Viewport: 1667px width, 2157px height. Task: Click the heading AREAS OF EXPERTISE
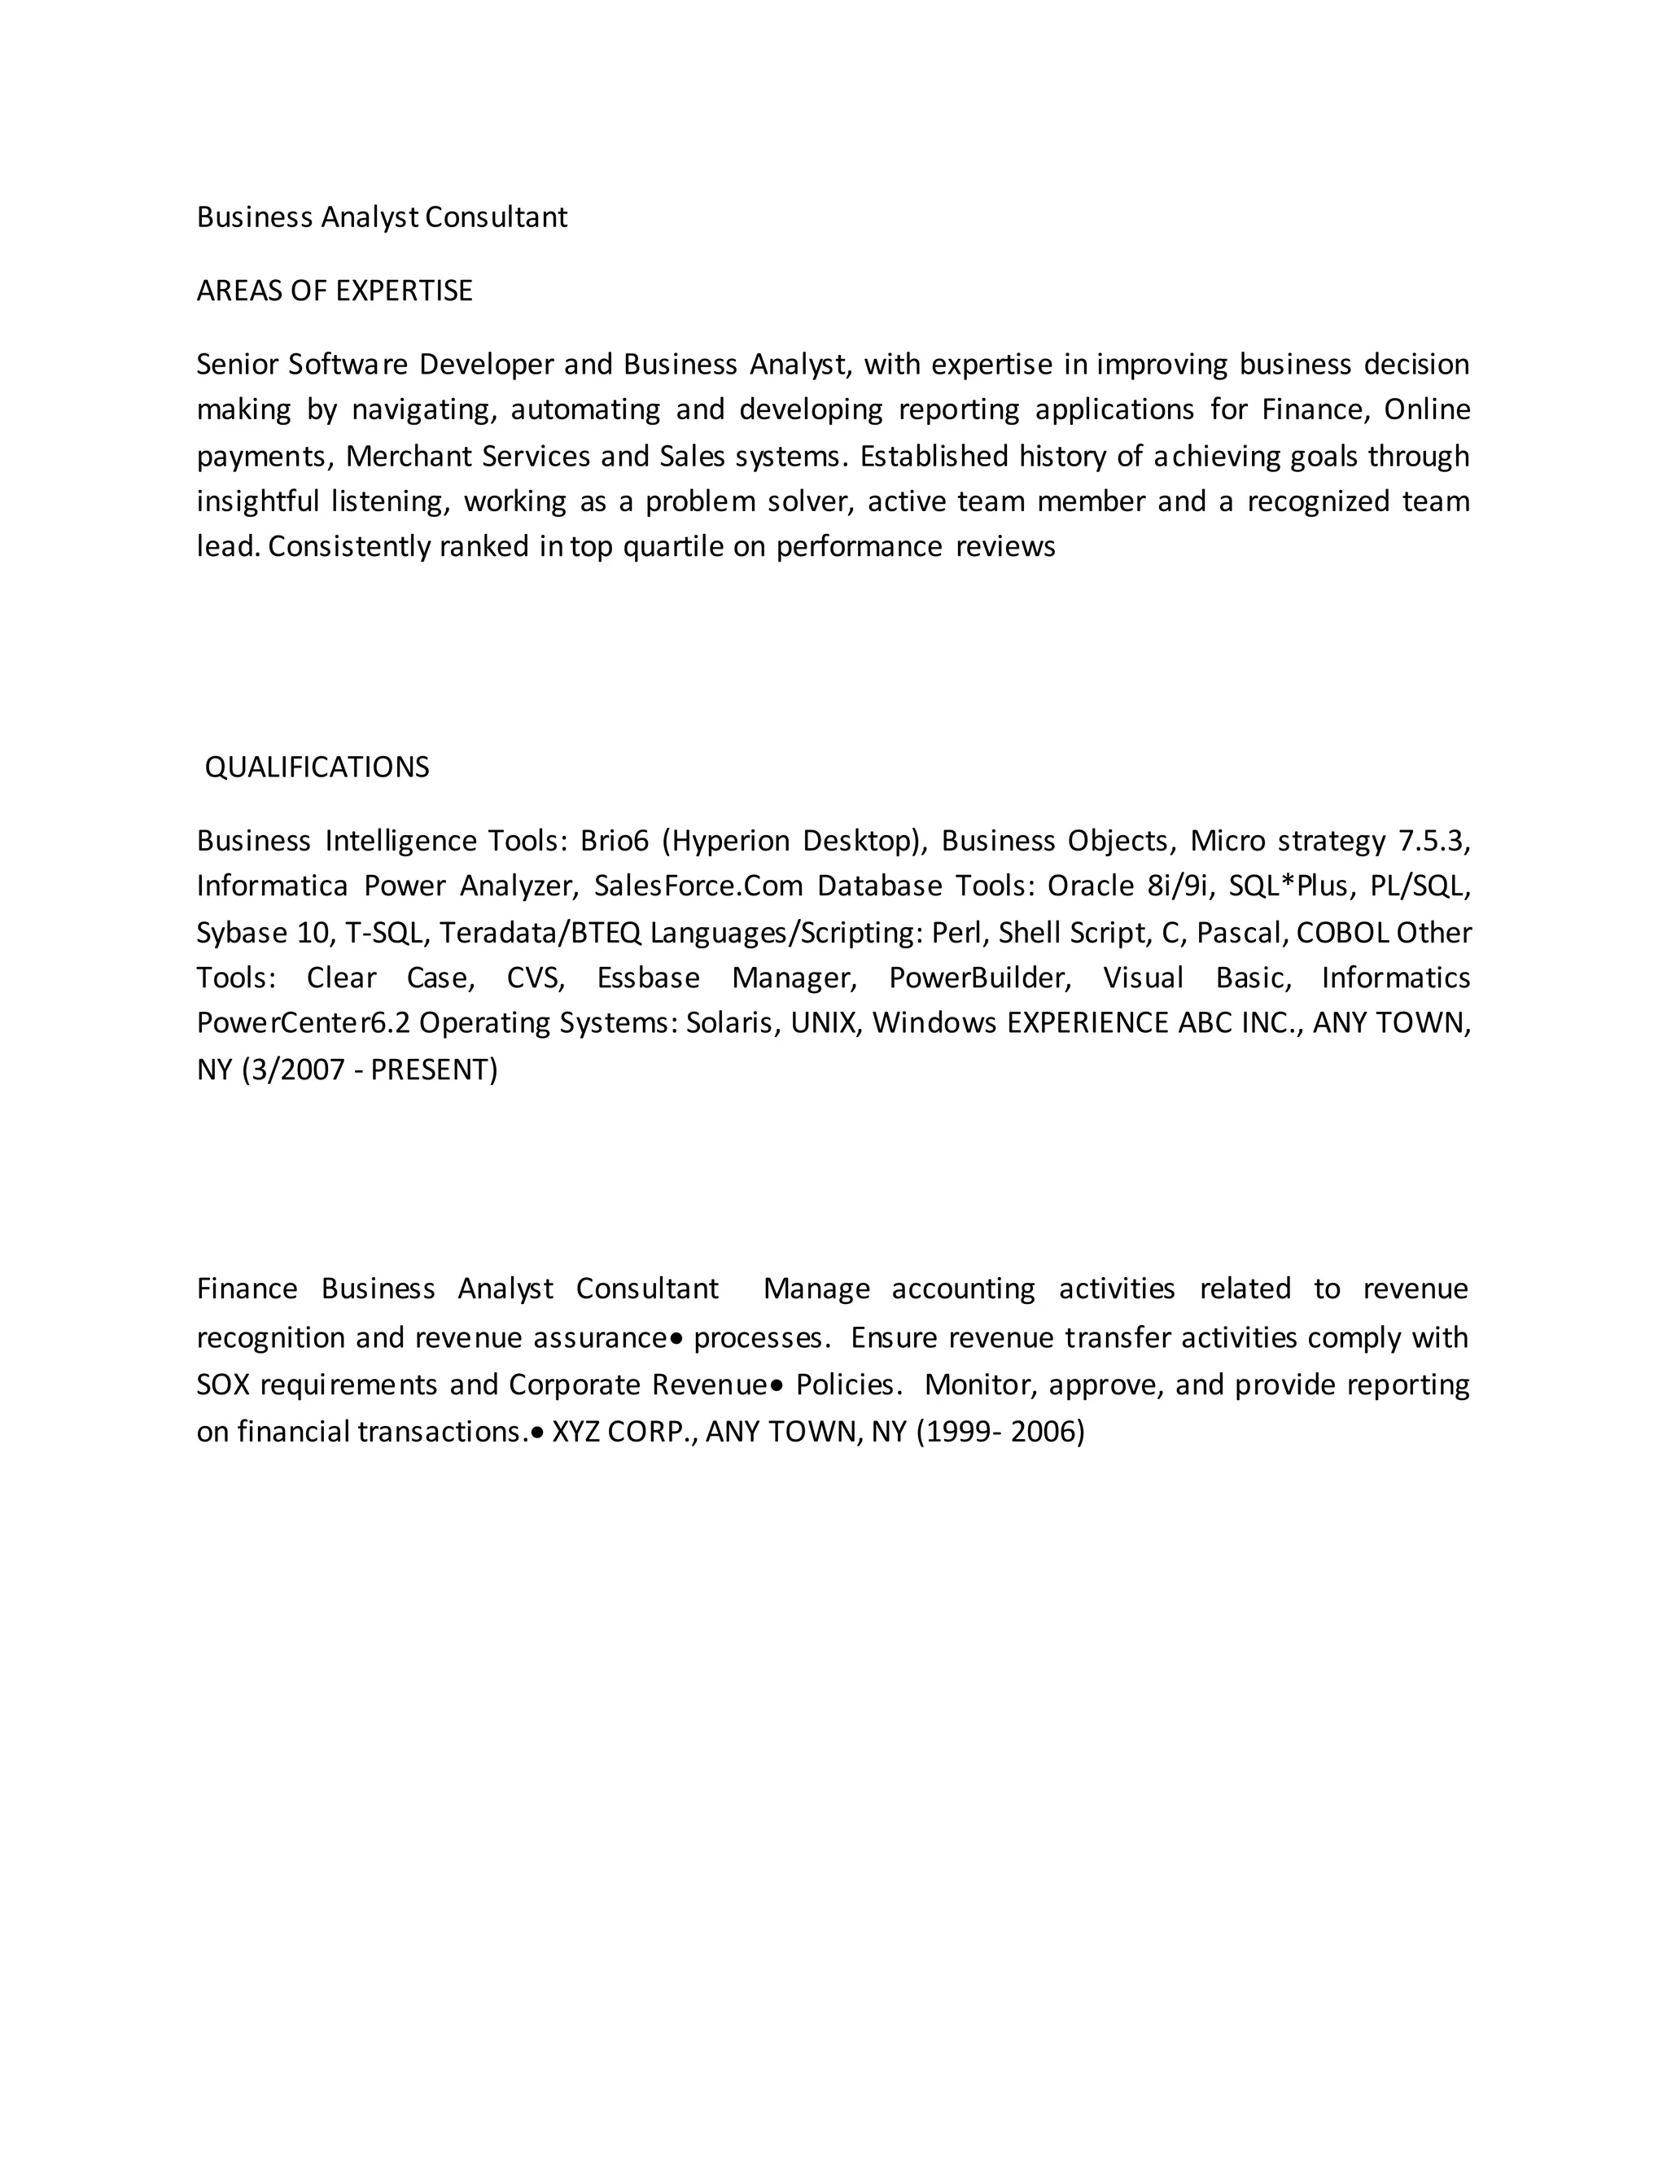point(335,291)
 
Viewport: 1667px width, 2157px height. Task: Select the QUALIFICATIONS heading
point(317,768)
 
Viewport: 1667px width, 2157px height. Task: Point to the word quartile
point(673,546)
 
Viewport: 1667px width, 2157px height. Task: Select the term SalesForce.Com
point(698,886)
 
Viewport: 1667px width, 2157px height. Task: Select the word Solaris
point(728,1022)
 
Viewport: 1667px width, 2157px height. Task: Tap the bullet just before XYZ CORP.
point(537,1432)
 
